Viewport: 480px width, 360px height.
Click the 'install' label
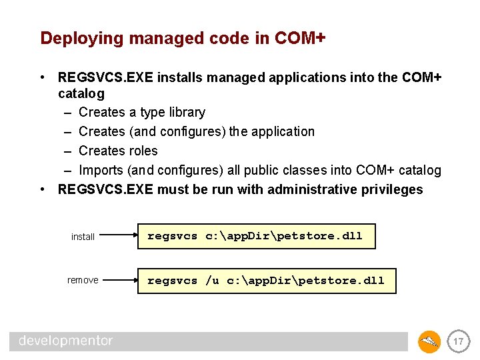point(83,237)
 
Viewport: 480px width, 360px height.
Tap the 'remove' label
point(83,280)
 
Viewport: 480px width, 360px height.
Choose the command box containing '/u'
point(267,280)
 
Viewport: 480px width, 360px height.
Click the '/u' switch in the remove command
point(212,280)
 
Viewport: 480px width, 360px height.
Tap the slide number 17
point(458,342)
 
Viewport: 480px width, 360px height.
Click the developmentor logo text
point(65,341)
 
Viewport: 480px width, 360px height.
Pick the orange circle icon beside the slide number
point(429,342)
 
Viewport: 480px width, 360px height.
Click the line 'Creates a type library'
point(141,112)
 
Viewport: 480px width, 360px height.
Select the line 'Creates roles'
point(118,151)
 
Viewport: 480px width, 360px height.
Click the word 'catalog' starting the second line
point(81,93)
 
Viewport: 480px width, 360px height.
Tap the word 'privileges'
point(393,189)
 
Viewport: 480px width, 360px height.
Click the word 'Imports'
point(101,170)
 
